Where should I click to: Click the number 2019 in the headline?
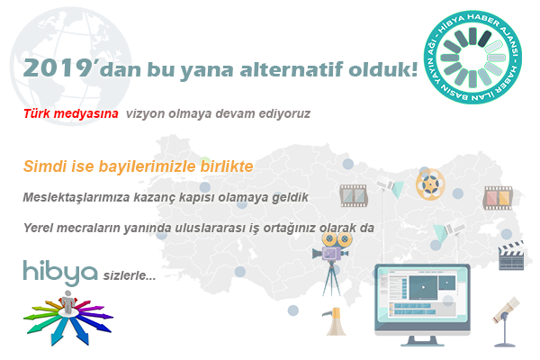tap(57, 67)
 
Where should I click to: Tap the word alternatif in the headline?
tap(292, 69)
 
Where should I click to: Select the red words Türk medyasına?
tap(71, 113)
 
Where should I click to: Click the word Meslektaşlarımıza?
tap(76, 198)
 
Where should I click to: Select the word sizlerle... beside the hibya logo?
tap(130, 275)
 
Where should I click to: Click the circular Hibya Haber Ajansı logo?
tap(472, 58)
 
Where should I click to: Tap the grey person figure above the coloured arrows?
tap(67, 302)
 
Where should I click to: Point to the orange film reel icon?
tap(430, 184)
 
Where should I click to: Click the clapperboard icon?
tap(512, 256)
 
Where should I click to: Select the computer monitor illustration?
tap(422, 304)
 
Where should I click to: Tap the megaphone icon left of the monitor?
tap(335, 321)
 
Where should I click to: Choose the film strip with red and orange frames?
tap(498, 198)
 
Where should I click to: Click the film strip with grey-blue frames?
tap(354, 195)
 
